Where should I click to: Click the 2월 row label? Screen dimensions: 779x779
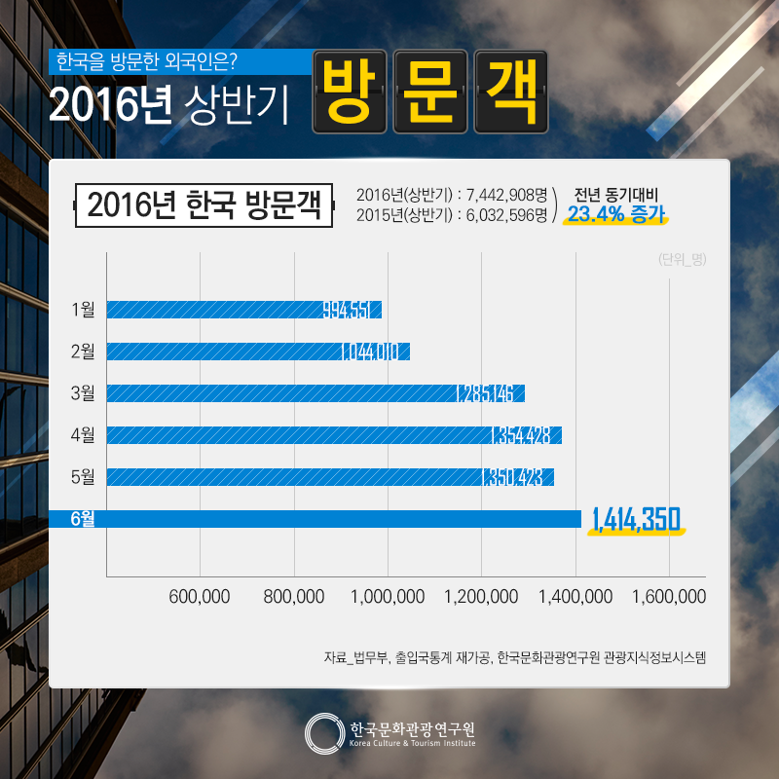coord(83,352)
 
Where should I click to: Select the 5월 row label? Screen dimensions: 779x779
coord(83,477)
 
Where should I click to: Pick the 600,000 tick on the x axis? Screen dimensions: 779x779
coord(200,596)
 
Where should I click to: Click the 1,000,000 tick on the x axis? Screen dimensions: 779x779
coord(388,596)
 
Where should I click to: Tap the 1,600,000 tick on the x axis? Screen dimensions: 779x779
coord(669,596)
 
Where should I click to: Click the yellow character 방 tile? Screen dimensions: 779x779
coord(350,92)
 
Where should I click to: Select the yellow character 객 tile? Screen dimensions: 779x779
coord(509,92)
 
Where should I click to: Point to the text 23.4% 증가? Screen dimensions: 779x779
coord(615,213)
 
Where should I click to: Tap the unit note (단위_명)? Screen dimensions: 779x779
coord(682,259)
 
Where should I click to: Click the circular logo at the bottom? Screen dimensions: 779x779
coord(322,733)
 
